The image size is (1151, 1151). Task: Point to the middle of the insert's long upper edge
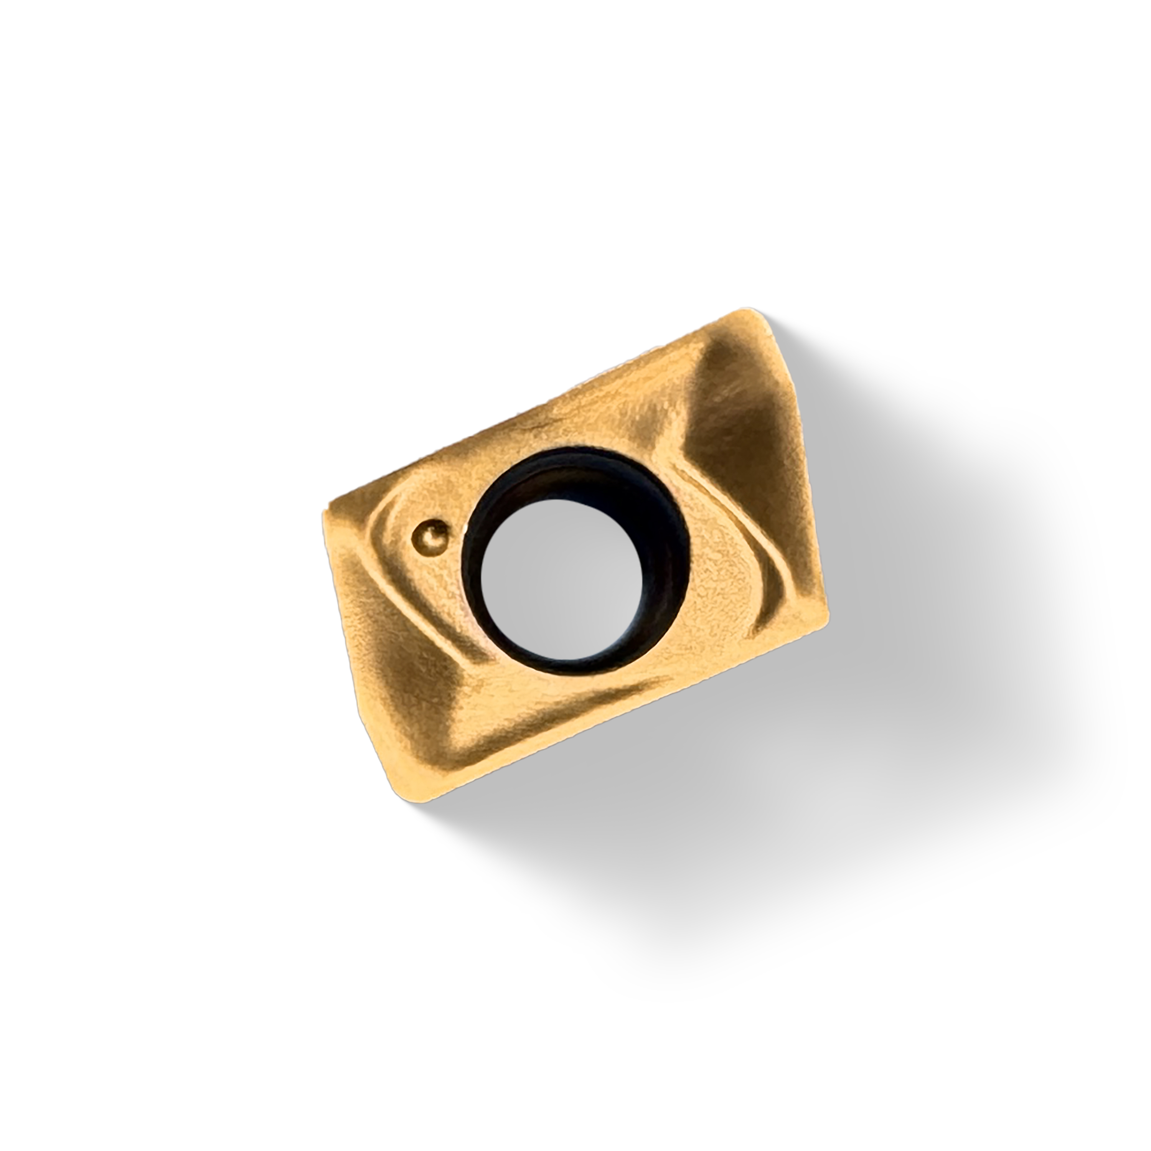[x=536, y=411]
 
